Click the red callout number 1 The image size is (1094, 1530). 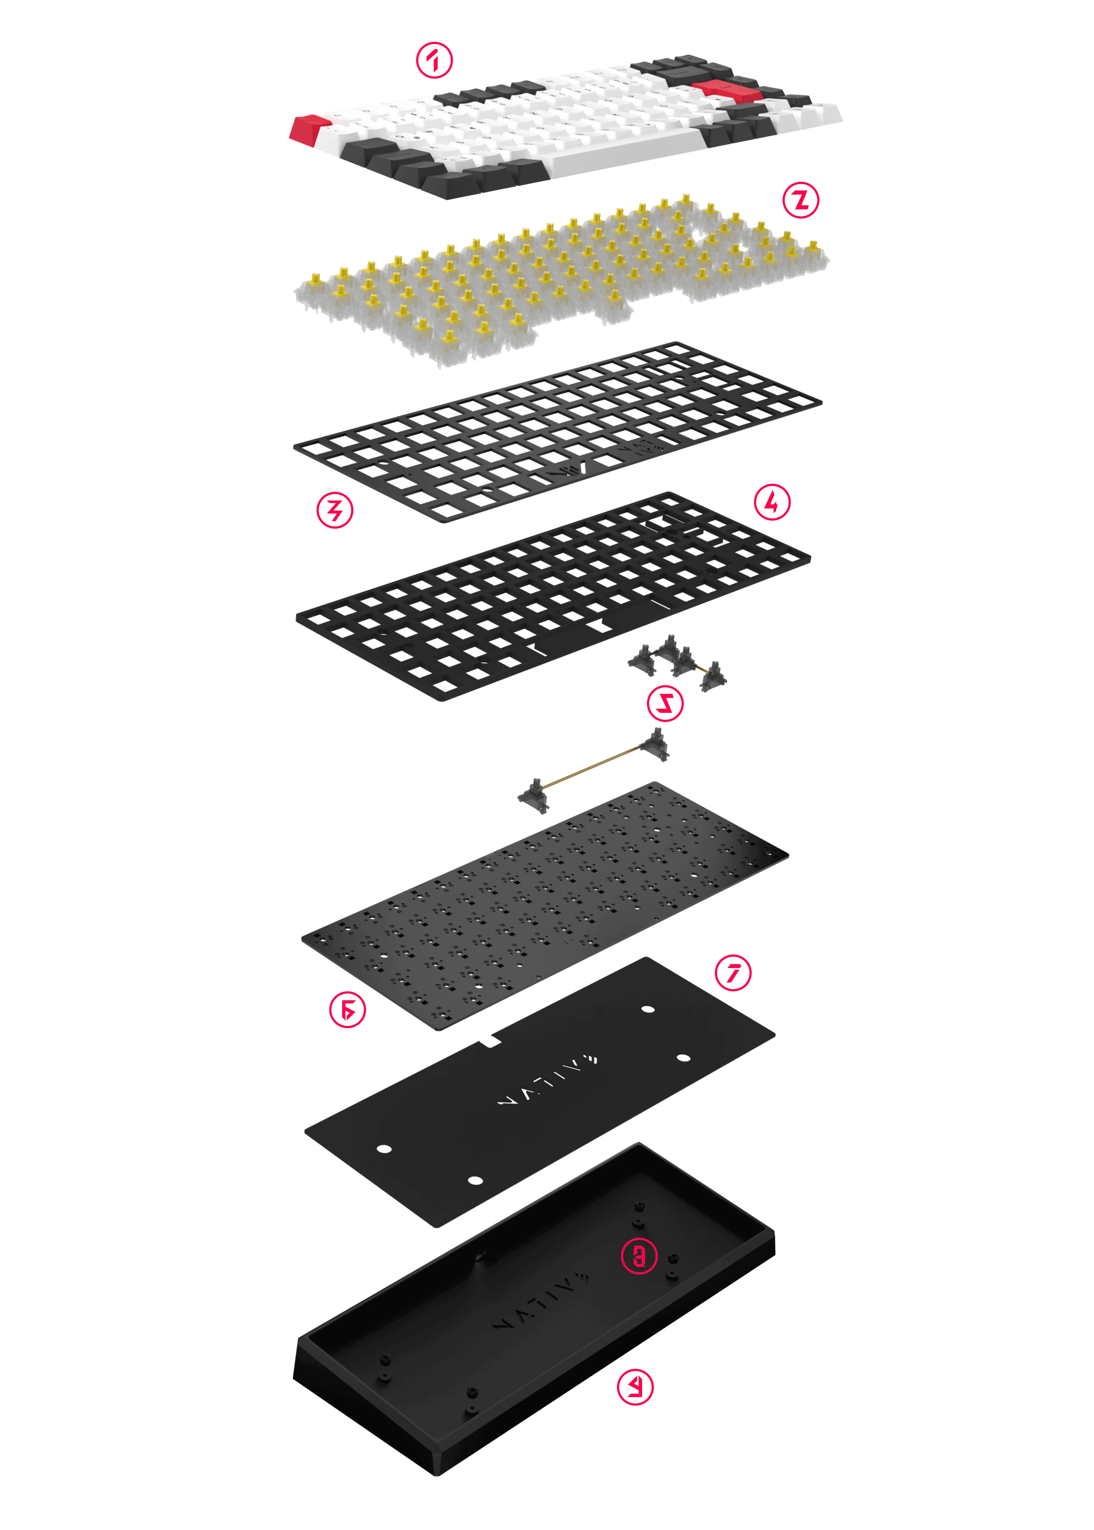click(x=435, y=61)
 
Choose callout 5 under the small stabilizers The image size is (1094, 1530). click(x=665, y=703)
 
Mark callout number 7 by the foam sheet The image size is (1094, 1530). click(x=733, y=972)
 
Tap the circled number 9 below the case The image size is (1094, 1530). click(x=635, y=1387)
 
